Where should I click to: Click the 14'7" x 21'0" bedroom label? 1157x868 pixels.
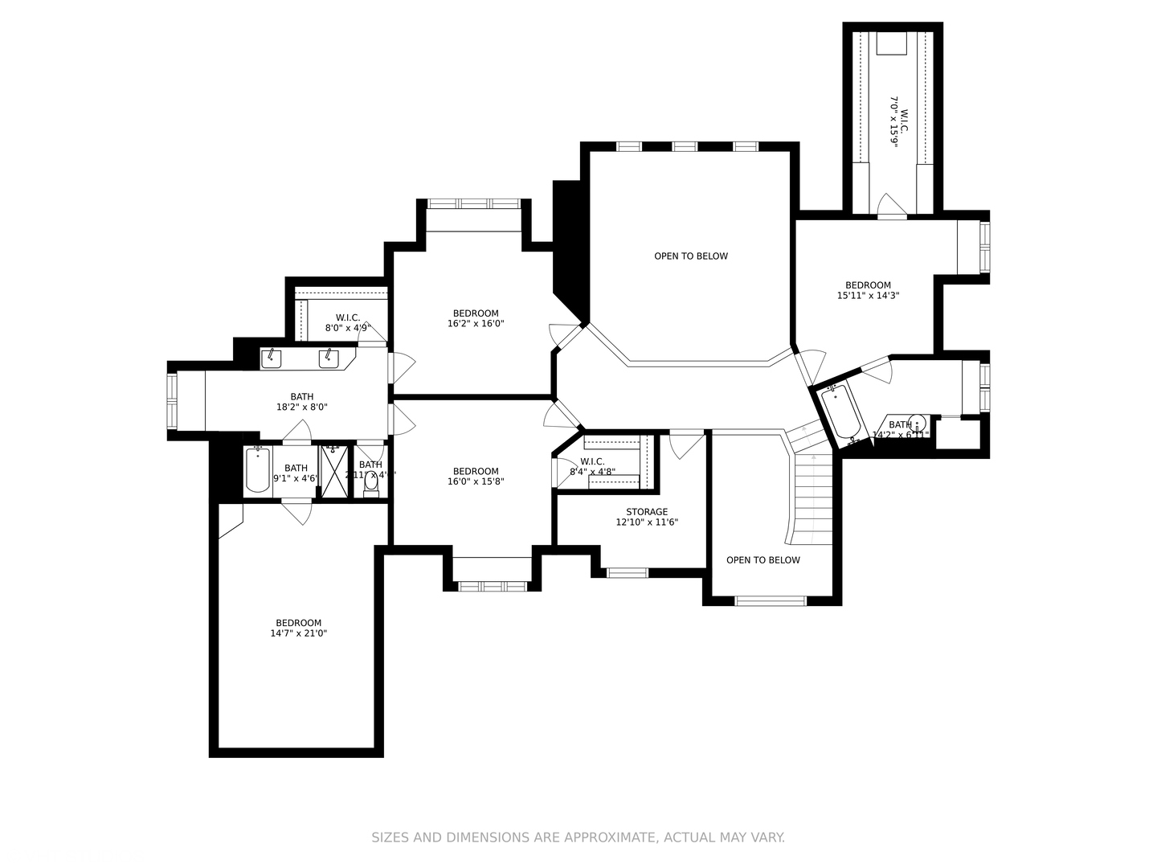click(x=298, y=628)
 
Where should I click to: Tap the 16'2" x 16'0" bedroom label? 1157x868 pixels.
click(x=476, y=318)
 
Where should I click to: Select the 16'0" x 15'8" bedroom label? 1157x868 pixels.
click(x=476, y=477)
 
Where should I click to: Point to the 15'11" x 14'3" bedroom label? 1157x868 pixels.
click(x=868, y=290)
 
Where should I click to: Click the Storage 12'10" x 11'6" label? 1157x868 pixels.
click(x=647, y=517)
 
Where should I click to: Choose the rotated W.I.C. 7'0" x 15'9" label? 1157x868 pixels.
click(x=897, y=121)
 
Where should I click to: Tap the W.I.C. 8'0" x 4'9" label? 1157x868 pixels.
click(x=347, y=322)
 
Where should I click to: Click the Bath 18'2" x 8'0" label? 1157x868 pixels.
click(x=302, y=402)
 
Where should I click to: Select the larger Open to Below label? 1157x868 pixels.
click(x=690, y=256)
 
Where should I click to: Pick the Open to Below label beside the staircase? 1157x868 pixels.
click(x=762, y=560)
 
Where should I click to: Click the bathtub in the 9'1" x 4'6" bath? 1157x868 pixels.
click(x=257, y=470)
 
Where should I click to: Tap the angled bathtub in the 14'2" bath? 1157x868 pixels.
click(x=840, y=411)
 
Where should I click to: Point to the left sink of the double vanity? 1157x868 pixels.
click(x=272, y=358)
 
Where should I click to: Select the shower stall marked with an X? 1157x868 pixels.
click(x=333, y=471)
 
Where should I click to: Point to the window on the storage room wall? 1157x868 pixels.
click(x=627, y=573)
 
